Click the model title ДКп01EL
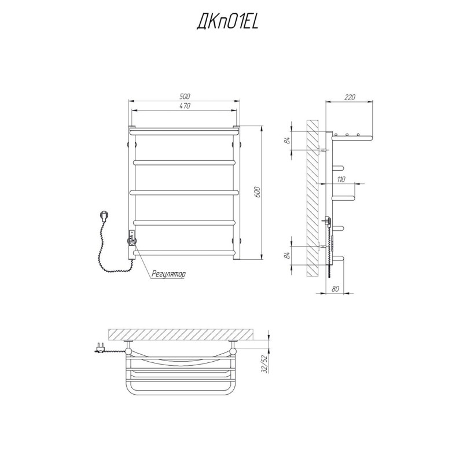pyautogui.click(x=227, y=22)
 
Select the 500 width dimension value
pyautogui.click(x=185, y=96)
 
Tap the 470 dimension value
pyautogui.click(x=185, y=106)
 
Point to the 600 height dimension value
pyautogui.click(x=257, y=192)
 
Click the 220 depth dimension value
pyautogui.click(x=350, y=97)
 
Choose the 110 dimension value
pyautogui.click(x=341, y=179)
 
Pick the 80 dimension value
pyautogui.click(x=336, y=289)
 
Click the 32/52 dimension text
pyautogui.click(x=264, y=364)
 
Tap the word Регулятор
pyautogui.click(x=168, y=274)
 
